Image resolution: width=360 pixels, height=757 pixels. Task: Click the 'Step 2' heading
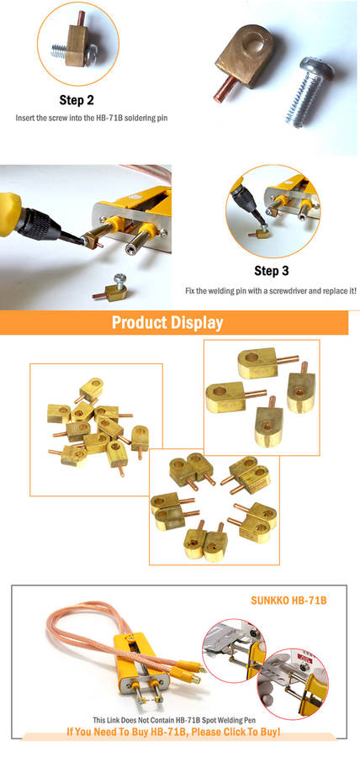click(x=77, y=100)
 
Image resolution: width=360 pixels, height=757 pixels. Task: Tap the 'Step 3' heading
click(x=272, y=271)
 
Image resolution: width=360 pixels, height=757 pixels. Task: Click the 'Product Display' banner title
click(x=167, y=322)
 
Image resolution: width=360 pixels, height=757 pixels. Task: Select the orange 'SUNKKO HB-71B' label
click(x=289, y=601)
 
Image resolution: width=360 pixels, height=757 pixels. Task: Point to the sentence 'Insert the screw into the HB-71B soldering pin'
click(x=92, y=118)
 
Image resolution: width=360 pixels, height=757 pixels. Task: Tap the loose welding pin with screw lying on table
click(x=110, y=288)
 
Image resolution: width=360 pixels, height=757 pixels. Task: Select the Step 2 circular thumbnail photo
click(x=78, y=44)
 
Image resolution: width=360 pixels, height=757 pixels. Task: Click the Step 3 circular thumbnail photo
click(x=273, y=211)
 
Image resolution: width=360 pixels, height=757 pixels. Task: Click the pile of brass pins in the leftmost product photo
click(x=97, y=425)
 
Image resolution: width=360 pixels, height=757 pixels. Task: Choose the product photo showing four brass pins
click(x=262, y=397)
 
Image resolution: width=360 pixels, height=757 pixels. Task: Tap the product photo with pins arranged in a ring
click(x=214, y=506)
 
